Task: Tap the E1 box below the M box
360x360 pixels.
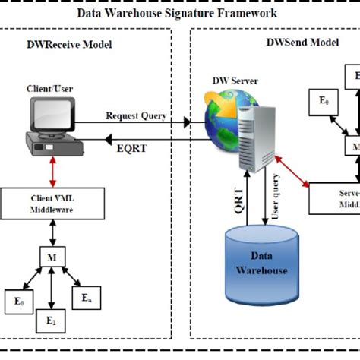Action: pyautogui.click(x=50, y=321)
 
